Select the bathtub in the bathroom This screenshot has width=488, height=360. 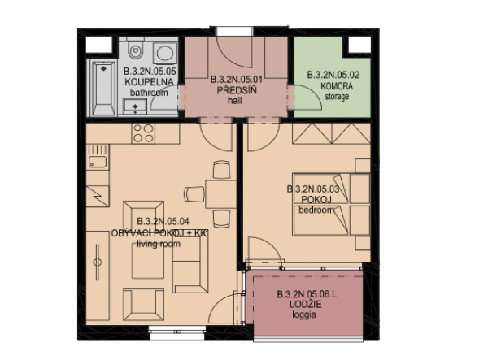103,89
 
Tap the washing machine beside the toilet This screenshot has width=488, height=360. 165,53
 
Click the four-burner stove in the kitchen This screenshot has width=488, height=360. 143,133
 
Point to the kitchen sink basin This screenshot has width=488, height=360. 98,162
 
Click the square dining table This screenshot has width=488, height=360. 220,193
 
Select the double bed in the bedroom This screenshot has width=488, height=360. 331,204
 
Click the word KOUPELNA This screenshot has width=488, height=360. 149,82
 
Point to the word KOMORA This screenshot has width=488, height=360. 337,86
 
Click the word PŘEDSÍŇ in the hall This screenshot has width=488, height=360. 237,90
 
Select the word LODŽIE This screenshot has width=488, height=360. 305,304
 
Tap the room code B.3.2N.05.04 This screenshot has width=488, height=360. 163,221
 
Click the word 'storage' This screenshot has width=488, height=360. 337,97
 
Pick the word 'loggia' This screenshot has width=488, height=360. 304,315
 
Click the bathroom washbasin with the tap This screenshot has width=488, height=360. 135,106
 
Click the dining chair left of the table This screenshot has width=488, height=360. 194,194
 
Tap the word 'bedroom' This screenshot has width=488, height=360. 316,210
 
